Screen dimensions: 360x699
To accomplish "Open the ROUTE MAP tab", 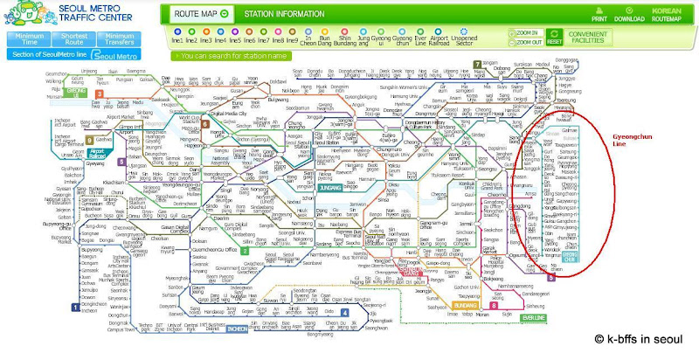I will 201,14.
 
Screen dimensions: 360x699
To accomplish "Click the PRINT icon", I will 599,13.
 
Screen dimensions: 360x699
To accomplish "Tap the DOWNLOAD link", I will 629,13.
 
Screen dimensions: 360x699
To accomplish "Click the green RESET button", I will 554,37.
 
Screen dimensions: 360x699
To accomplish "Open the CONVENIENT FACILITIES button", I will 587,37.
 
